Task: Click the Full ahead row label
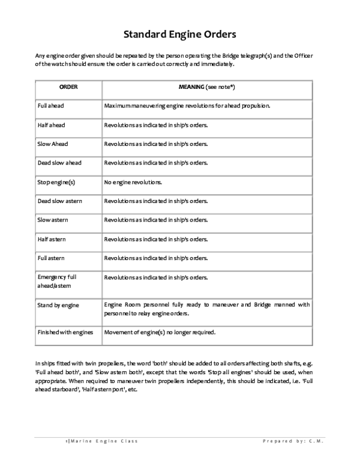point(51,106)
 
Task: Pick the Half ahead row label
point(51,125)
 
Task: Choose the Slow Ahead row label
point(53,144)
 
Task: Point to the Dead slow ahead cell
point(59,163)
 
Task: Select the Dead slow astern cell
point(60,201)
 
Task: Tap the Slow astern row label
point(53,220)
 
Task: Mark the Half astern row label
point(52,239)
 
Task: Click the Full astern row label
point(52,258)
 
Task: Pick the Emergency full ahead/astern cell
point(58,282)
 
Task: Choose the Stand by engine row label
point(58,305)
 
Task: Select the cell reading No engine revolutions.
point(133,181)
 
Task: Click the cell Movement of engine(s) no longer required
point(160,332)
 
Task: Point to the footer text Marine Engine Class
point(103,441)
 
